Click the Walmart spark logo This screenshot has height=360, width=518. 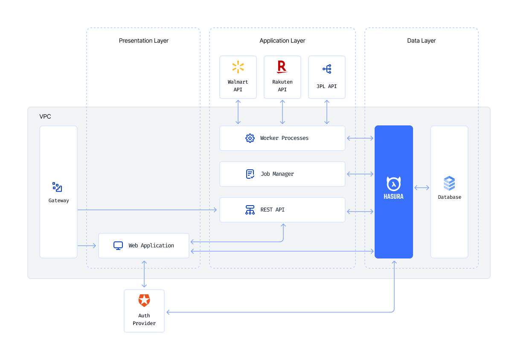238,67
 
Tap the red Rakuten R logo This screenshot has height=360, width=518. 282,67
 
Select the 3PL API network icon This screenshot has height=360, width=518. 327,69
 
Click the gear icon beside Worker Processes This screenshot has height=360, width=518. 250,138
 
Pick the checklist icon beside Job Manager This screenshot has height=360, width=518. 250,174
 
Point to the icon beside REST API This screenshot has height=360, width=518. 250,210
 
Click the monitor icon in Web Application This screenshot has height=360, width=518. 118,246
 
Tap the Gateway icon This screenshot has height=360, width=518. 57,187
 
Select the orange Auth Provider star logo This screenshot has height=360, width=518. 144,301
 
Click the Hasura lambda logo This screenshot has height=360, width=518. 393,184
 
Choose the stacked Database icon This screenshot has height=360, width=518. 449,183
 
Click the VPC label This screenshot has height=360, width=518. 45,116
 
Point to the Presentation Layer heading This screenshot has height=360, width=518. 144,41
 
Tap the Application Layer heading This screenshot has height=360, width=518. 282,41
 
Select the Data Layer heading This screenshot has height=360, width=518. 421,41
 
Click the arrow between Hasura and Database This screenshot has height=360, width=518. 422,188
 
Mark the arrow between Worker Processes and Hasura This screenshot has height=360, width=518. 360,138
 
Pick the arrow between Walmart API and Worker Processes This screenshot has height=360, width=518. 238,112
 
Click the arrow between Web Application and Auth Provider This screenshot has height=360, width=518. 144,274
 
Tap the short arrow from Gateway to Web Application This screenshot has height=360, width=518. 87,246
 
